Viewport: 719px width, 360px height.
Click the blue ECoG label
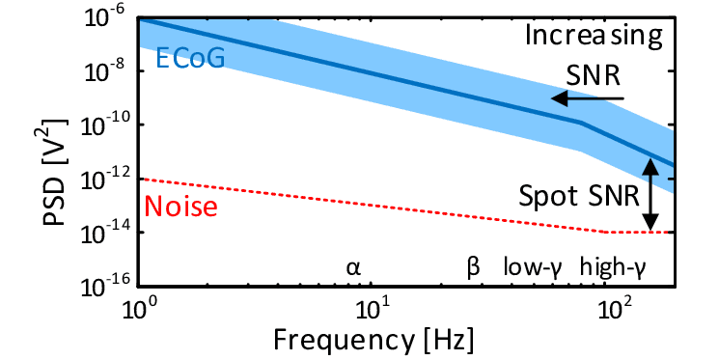click(x=190, y=60)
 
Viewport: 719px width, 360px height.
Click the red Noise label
click(x=180, y=207)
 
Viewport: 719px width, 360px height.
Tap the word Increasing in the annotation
click(x=594, y=37)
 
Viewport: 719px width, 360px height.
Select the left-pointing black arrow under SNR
click(x=587, y=98)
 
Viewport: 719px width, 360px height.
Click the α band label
click(x=353, y=266)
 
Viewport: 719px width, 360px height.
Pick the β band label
click(x=473, y=266)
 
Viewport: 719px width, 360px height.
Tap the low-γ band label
click(x=536, y=266)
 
